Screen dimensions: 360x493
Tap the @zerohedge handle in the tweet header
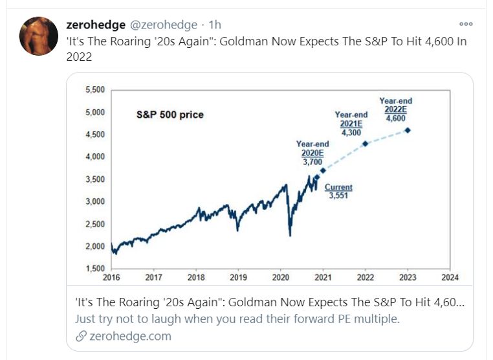(x=164, y=25)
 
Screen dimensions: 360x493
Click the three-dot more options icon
(x=466, y=23)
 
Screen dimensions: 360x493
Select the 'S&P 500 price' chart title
(x=170, y=115)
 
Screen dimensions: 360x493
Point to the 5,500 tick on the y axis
(x=95, y=89)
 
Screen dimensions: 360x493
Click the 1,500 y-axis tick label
(x=95, y=268)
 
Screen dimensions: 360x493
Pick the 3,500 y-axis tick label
(x=95, y=179)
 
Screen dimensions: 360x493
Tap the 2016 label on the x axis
(x=111, y=277)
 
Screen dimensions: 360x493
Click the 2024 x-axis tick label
(x=449, y=277)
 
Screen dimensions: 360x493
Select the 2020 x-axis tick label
(x=280, y=277)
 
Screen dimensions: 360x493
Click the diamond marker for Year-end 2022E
(x=407, y=130)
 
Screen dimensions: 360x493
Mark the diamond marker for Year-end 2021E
(x=365, y=143)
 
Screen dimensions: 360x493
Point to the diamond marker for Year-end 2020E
(x=323, y=170)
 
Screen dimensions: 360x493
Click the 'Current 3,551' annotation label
(x=338, y=191)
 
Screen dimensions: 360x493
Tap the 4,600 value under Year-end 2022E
(x=395, y=118)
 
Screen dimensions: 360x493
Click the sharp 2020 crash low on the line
(x=289, y=234)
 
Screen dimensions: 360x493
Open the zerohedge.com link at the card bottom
(x=129, y=335)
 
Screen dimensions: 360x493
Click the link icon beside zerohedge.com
(x=80, y=335)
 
